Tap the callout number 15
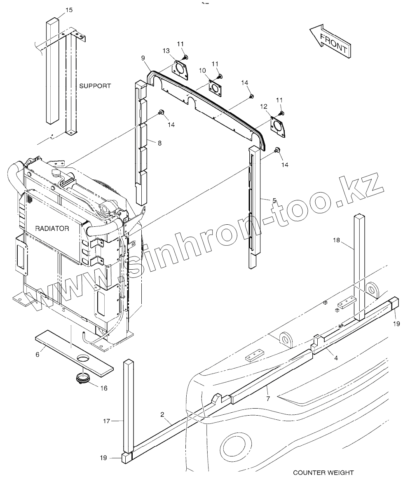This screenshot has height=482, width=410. tap(69, 10)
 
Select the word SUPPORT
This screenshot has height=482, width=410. tap(95, 86)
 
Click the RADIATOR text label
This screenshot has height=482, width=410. tap(52, 228)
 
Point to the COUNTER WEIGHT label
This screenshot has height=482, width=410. tap(323, 473)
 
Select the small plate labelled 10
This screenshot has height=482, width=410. tap(215, 87)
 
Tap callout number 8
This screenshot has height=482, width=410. tap(159, 143)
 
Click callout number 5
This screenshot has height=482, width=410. tap(274, 200)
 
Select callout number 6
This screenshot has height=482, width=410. tap(37, 354)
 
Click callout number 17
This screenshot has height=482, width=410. tap(106, 421)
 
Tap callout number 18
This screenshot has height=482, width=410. tap(336, 240)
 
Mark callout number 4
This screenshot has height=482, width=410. tap(336, 358)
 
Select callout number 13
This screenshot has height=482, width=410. tap(166, 51)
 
